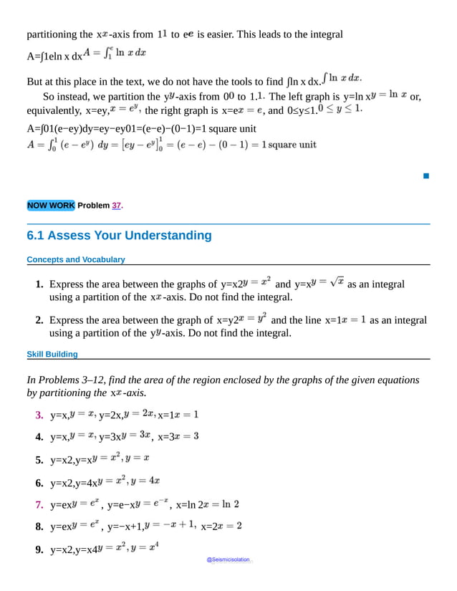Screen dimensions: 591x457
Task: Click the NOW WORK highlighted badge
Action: (50, 206)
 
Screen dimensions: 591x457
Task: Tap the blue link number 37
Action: (116, 206)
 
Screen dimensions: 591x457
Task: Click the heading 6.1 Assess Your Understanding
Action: (119, 236)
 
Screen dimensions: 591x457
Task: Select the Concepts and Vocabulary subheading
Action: (75, 259)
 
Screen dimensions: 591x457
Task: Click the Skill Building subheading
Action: (52, 354)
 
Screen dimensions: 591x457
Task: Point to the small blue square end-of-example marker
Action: (425, 175)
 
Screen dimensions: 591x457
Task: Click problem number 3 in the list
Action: (39, 415)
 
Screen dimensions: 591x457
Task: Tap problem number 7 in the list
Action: (39, 505)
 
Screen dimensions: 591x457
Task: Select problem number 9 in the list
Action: (39, 550)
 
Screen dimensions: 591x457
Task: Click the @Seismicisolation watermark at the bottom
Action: (228, 560)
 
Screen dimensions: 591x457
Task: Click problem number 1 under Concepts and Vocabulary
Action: (39, 285)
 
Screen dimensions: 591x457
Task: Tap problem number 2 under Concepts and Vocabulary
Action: (39, 321)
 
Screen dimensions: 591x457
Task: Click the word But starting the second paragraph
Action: (36, 81)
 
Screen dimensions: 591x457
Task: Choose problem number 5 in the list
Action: (39, 460)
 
